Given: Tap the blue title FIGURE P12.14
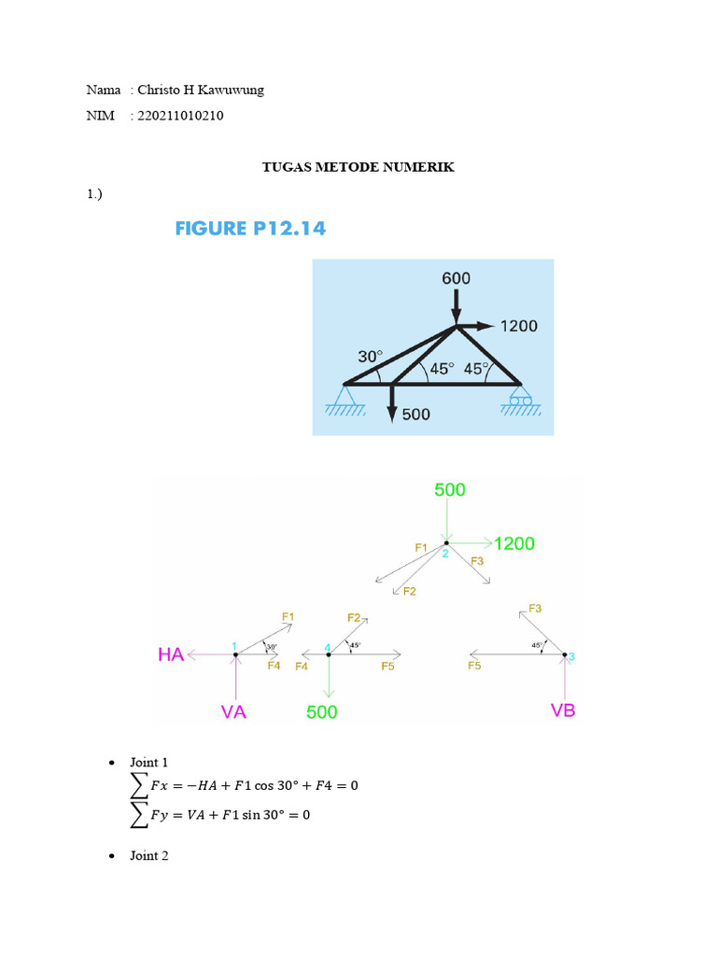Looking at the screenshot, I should click(250, 228).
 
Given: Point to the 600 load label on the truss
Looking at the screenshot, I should click(456, 278).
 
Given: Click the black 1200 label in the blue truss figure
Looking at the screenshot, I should click(519, 327).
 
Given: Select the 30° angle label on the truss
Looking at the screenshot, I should click(370, 357).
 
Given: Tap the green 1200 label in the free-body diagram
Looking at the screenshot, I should click(514, 543).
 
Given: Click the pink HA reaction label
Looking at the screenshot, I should click(171, 655).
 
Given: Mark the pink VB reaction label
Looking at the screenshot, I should click(563, 710).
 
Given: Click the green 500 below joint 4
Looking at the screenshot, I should click(322, 712).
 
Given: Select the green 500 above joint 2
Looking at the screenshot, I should click(450, 490).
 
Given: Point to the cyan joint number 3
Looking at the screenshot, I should click(571, 657).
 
